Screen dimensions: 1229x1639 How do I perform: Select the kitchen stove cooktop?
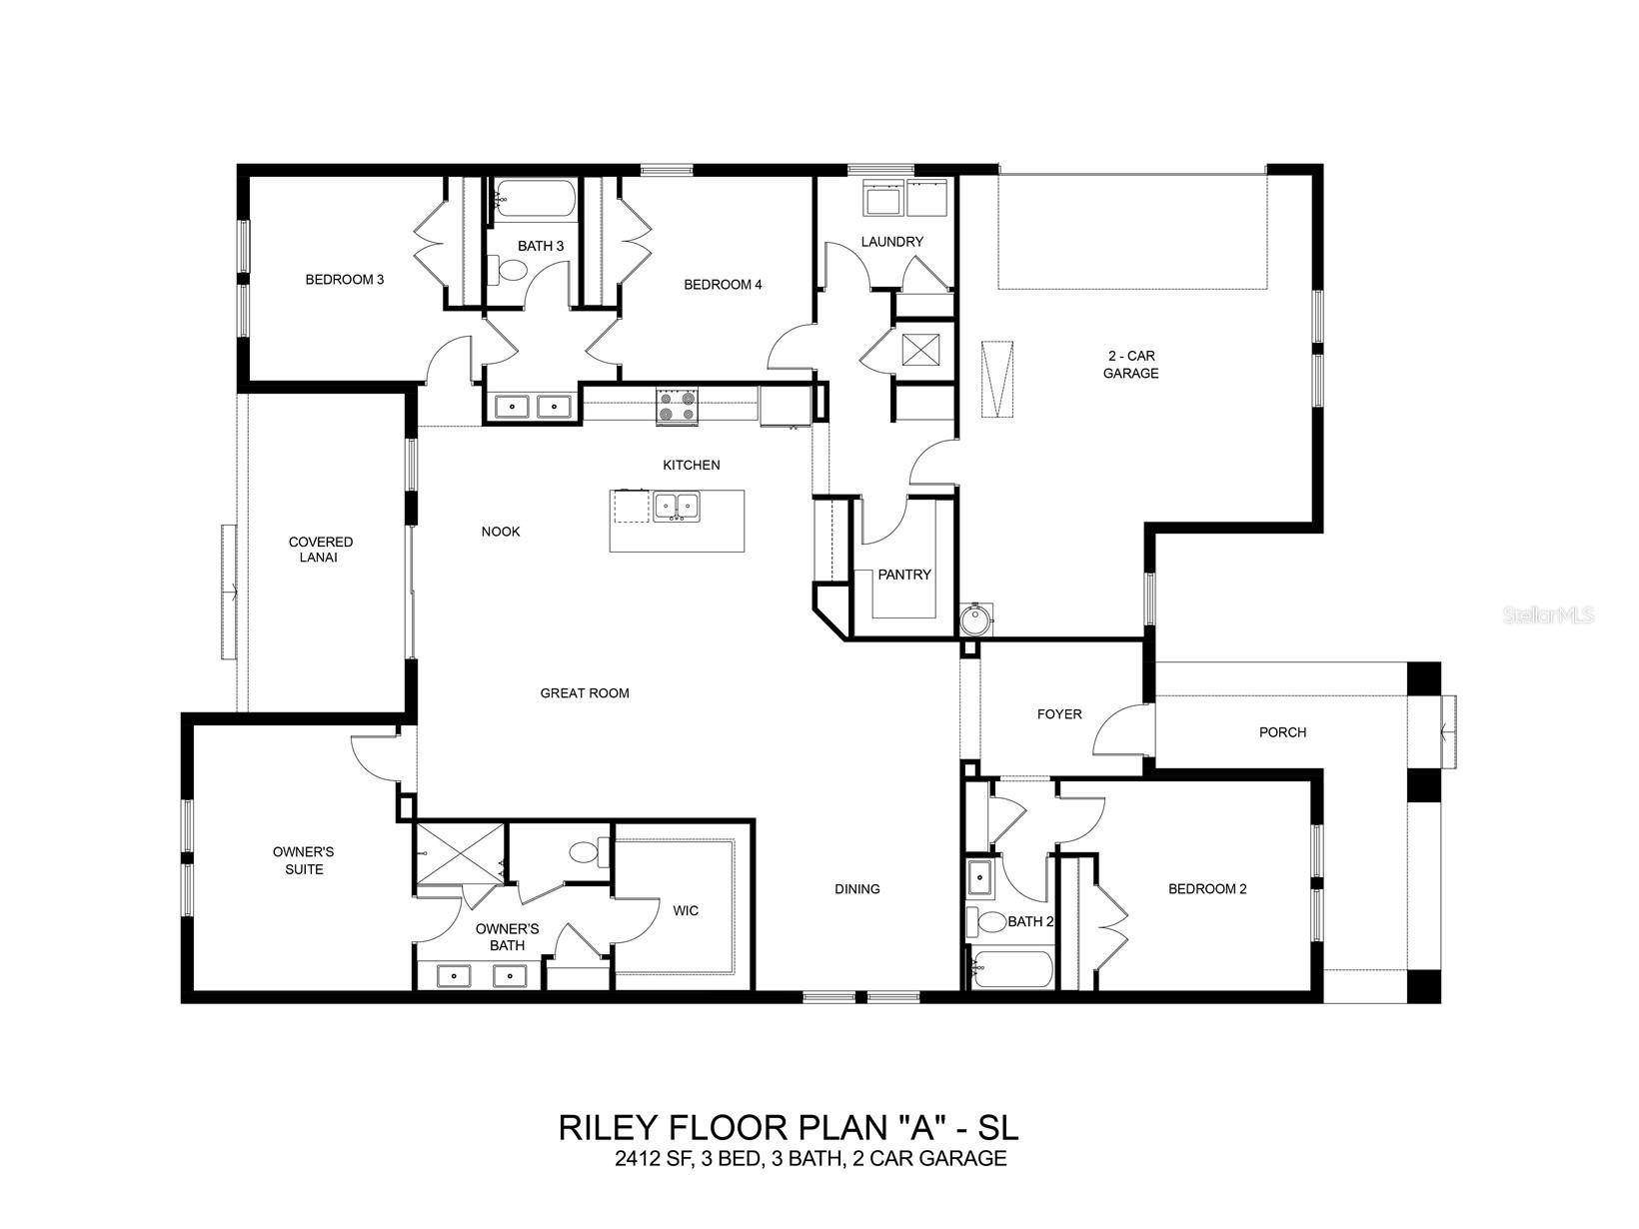pos(678,406)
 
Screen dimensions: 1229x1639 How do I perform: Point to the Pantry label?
pos(903,575)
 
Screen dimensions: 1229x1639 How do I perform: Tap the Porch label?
pos(1282,732)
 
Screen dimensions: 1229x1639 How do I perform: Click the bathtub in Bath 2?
pos(1012,969)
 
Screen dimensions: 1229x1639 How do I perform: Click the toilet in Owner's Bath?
pos(584,852)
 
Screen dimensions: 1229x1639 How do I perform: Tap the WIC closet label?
pos(686,910)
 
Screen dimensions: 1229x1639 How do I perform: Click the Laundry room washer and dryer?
pos(905,198)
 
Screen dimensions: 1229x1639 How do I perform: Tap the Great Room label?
pos(585,692)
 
